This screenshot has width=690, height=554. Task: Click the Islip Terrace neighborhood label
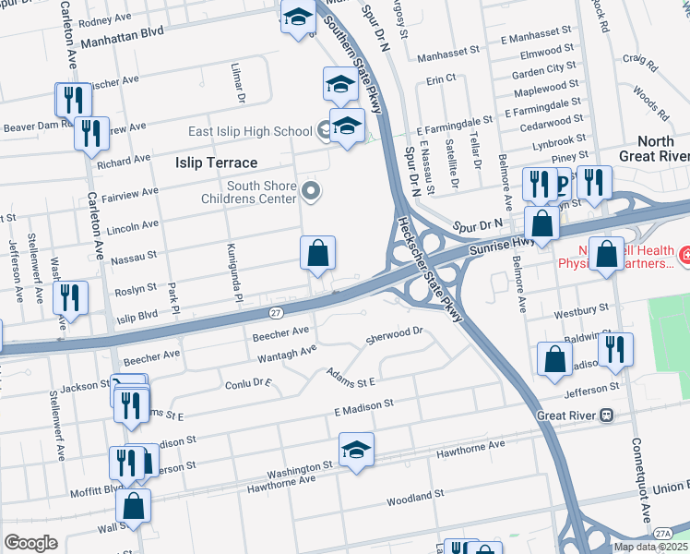[x=217, y=162]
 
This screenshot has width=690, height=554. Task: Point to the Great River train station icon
[x=607, y=415]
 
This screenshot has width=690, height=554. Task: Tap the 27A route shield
[x=661, y=534]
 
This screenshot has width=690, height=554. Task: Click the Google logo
[x=30, y=543]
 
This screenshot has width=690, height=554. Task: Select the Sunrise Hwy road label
[x=501, y=242]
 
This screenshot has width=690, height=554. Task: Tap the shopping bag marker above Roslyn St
[x=317, y=253]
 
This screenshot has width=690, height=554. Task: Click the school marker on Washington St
[x=356, y=450]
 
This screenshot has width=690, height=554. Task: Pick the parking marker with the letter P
[x=560, y=186]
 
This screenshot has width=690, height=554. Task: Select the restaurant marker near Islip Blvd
[x=70, y=298]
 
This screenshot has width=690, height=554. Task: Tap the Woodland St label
[x=415, y=498]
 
